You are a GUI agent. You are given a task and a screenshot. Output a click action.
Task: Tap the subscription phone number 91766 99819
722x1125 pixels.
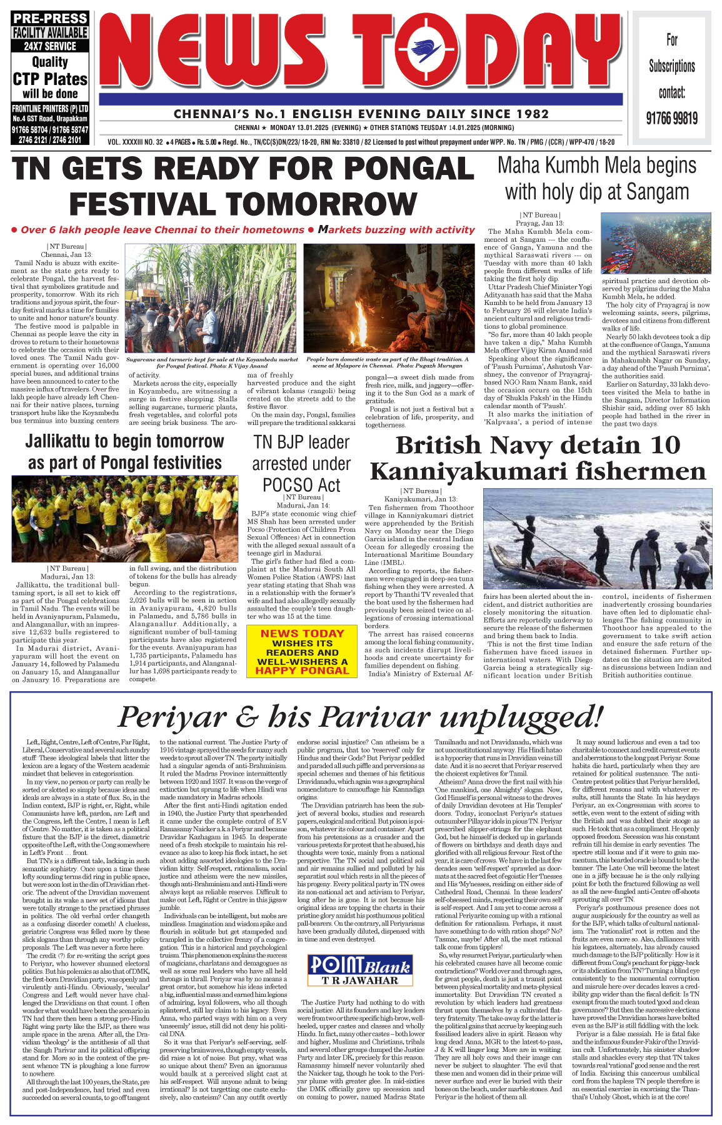coord(671,118)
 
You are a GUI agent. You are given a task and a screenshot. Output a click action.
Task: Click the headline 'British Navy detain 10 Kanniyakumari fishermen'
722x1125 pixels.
coord(538,457)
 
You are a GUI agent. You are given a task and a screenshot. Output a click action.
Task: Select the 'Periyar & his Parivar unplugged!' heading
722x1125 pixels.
coord(361,716)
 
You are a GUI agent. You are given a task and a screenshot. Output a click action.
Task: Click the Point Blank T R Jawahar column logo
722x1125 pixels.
coord(360,970)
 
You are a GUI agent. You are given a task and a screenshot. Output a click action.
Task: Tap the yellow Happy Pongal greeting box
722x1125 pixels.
coord(302,652)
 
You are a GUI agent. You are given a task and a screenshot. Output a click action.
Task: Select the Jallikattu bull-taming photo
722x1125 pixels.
coord(124,518)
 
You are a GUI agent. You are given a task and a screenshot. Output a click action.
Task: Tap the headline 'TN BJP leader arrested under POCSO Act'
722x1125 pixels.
coord(301,463)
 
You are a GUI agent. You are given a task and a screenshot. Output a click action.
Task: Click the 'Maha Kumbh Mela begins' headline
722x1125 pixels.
coord(596,165)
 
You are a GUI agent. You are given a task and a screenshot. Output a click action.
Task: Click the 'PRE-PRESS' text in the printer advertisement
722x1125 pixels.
coord(49,19)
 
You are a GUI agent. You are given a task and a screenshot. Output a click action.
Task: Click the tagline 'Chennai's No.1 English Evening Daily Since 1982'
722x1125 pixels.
coord(361,114)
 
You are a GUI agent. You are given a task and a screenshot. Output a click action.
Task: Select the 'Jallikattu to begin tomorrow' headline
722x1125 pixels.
coord(124,441)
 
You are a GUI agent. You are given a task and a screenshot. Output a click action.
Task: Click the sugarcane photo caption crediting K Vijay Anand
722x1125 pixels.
coord(212,362)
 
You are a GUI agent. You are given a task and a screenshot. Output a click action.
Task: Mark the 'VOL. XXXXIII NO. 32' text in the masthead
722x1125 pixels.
coord(135,142)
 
